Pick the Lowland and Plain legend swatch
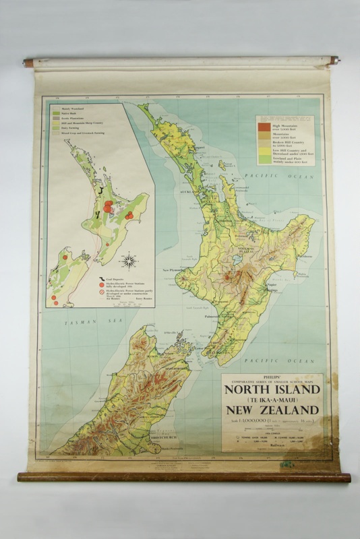point(263,160)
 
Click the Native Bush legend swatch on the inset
point(57,113)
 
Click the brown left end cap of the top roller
point(28,62)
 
